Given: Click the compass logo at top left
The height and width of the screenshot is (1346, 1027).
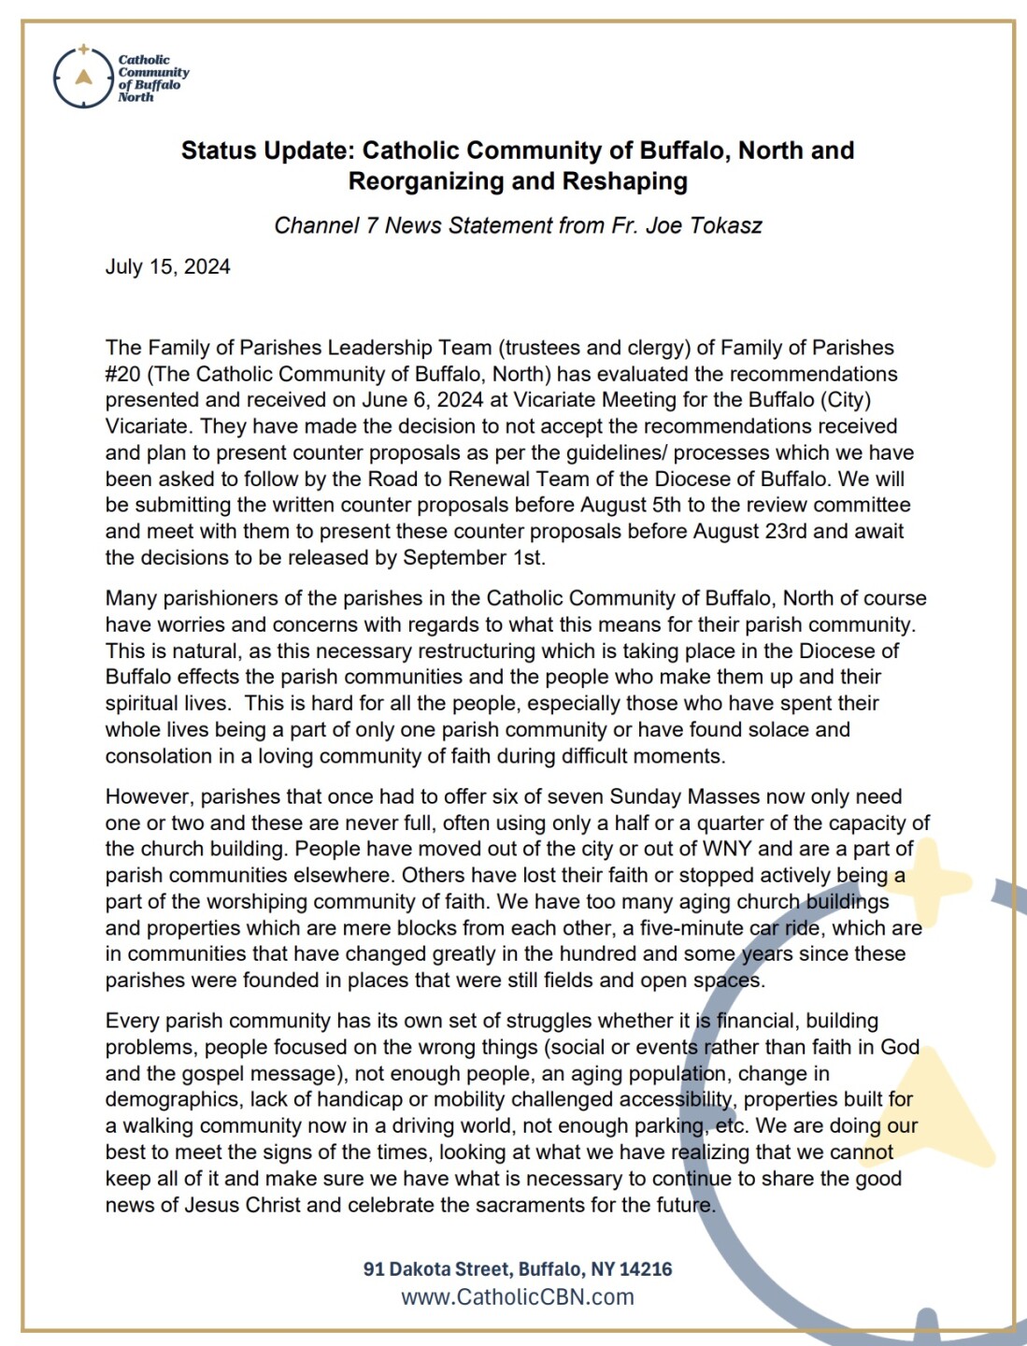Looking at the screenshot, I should pyautogui.click(x=83, y=78).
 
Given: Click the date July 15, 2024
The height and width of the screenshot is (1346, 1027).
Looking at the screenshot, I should pyautogui.click(x=167, y=266).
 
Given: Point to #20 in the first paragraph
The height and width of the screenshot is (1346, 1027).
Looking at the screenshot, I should pyautogui.click(x=123, y=374).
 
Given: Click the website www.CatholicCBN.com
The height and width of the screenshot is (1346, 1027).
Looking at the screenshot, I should pyautogui.click(x=518, y=1297).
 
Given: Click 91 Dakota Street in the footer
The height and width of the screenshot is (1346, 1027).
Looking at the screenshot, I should pyautogui.click(x=436, y=1269).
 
